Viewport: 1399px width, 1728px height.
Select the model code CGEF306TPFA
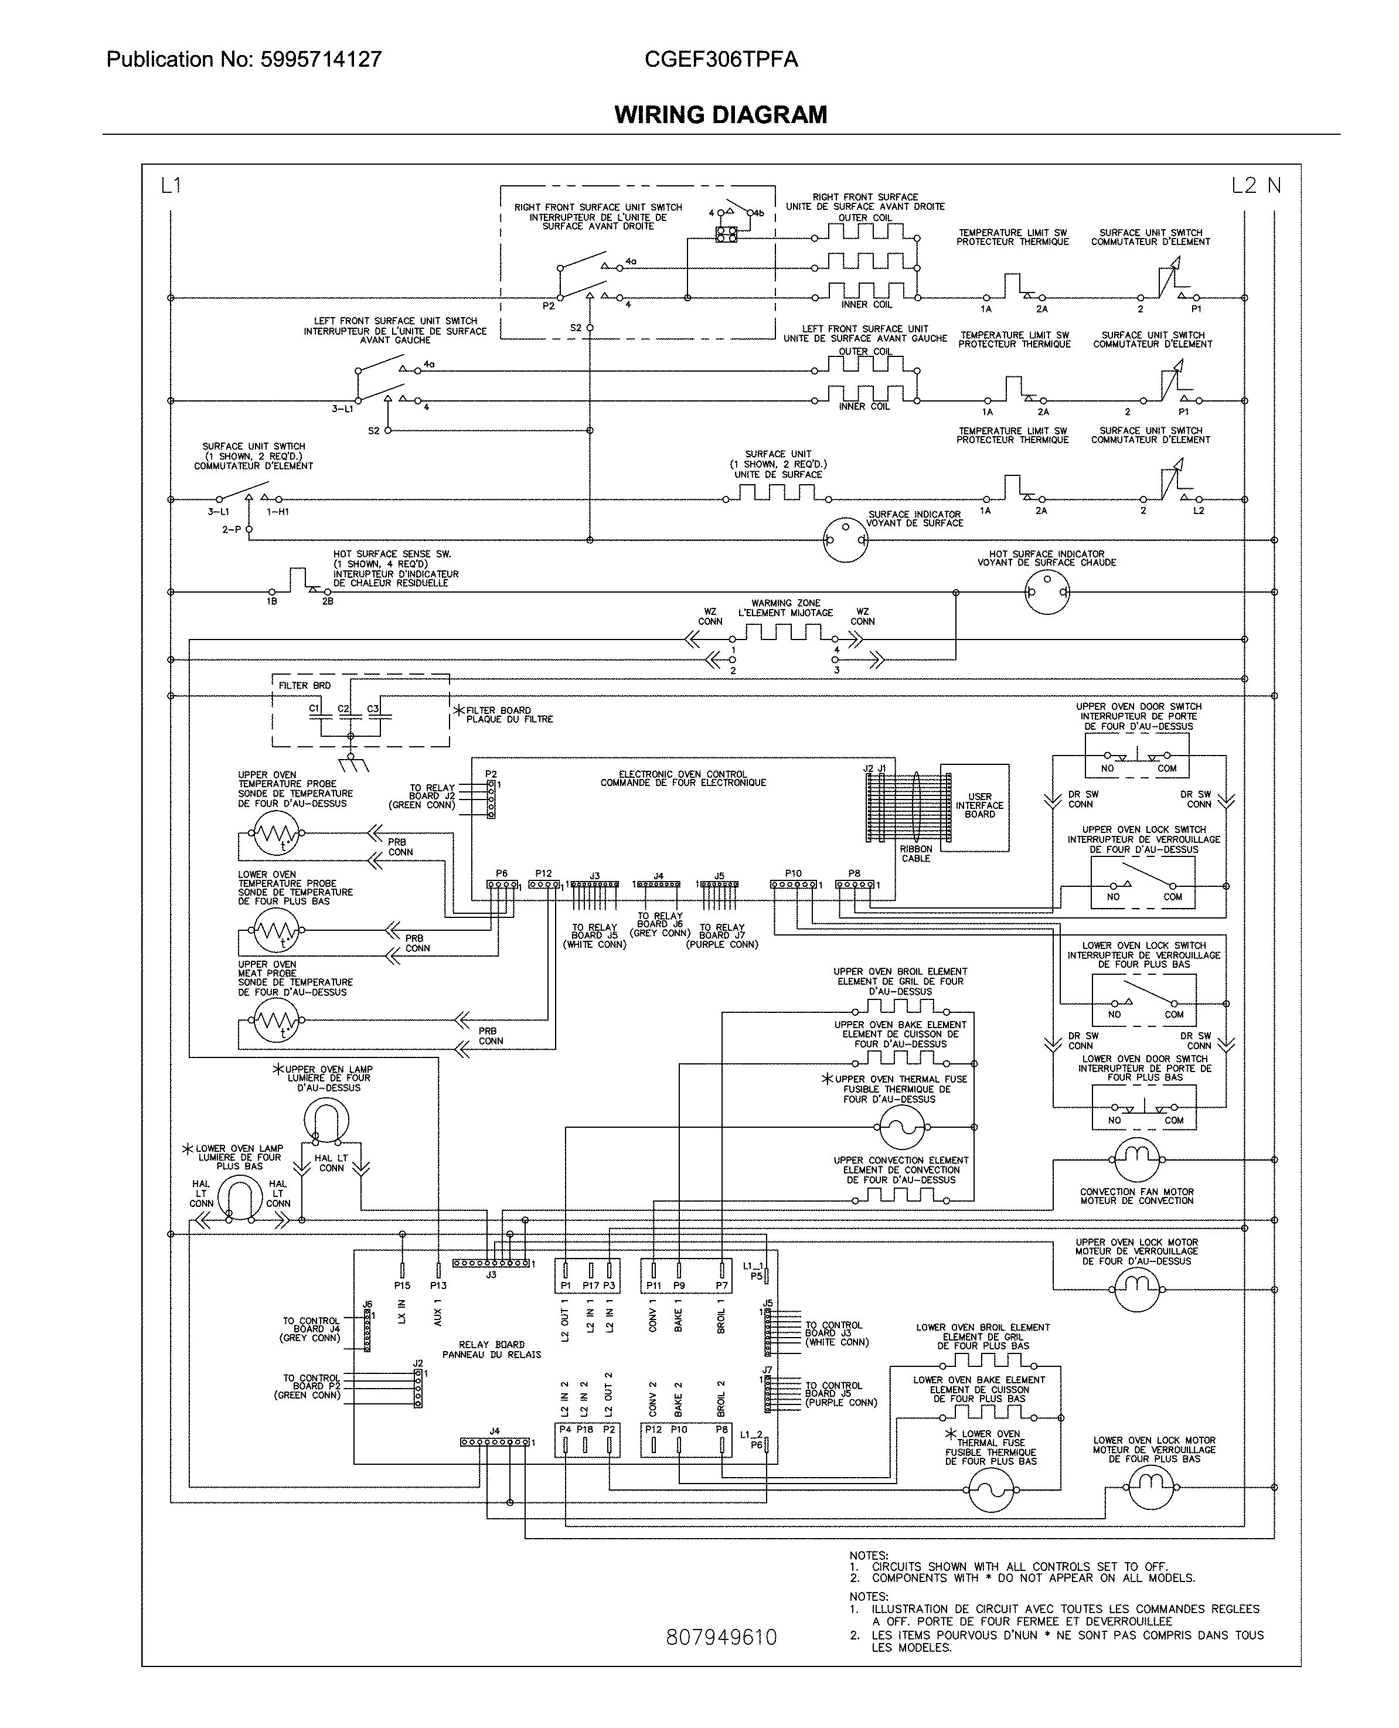[721, 60]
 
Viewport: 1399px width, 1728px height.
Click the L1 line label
[171, 186]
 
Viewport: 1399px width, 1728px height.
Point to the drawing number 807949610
[721, 1637]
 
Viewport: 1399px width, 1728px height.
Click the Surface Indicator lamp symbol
[845, 539]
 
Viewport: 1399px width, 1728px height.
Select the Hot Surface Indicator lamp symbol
[1047, 593]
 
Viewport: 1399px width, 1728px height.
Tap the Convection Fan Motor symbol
[1136, 1160]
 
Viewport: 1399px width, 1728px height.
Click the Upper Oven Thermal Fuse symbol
[902, 1127]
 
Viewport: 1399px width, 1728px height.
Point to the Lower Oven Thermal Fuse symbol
[990, 1490]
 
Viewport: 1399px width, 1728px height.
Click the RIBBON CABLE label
[916, 853]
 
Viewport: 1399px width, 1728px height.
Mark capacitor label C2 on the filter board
[343, 709]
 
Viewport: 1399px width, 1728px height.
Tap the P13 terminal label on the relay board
[438, 1285]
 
